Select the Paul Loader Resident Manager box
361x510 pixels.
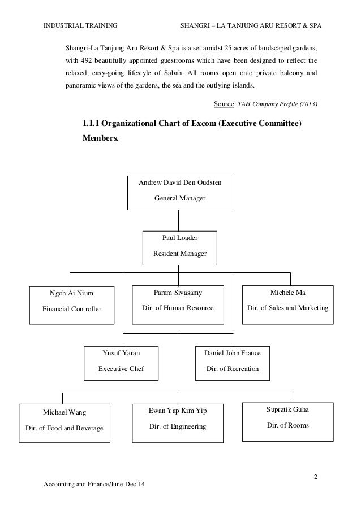pyautogui.click(x=180, y=247)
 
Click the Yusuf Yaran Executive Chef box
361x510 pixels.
pyautogui.click(x=121, y=362)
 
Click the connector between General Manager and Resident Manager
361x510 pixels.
pyautogui.click(x=179, y=219)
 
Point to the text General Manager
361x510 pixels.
pyautogui.click(x=180, y=198)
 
